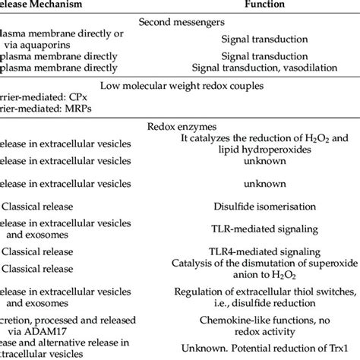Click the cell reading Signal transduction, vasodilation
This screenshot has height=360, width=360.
264,69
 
